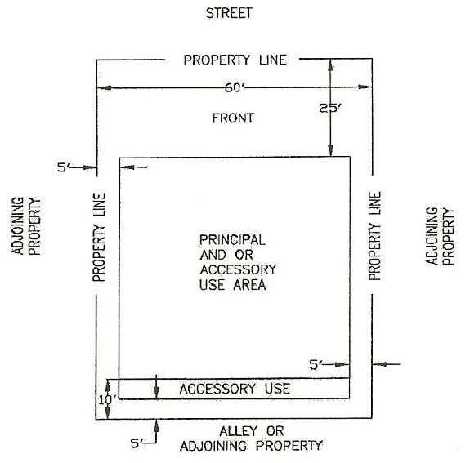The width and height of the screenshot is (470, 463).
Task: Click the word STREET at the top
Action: tap(229, 13)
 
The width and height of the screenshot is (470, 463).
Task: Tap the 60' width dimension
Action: tap(235, 87)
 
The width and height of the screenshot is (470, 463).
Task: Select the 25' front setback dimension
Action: tap(330, 108)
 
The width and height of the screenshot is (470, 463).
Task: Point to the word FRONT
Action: tap(233, 118)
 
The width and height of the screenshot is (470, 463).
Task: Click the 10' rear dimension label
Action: tap(108, 399)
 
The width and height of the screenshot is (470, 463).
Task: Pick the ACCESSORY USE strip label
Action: tap(235, 389)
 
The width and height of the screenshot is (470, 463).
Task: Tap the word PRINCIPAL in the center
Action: tap(232, 240)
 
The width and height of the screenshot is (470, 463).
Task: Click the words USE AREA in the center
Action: tap(233, 284)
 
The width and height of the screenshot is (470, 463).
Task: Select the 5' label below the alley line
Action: tap(136, 443)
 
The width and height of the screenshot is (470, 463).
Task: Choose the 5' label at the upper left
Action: tap(63, 167)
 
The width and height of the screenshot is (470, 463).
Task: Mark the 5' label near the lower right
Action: tap(316, 364)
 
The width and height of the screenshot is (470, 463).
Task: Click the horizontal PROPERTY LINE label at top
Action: tap(235, 60)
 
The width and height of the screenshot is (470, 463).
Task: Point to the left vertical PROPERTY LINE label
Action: tap(99, 237)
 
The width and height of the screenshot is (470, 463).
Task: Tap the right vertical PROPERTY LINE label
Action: tap(374, 236)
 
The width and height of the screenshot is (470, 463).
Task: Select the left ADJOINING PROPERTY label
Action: tap(26, 226)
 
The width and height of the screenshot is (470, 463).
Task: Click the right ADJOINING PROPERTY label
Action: tap(441, 236)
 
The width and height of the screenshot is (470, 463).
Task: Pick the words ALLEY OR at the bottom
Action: tap(252, 431)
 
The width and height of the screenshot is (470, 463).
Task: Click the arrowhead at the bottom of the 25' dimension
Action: tap(330, 150)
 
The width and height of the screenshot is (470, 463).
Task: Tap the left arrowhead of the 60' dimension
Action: tap(105, 87)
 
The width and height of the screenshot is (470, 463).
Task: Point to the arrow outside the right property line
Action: tap(386, 364)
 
